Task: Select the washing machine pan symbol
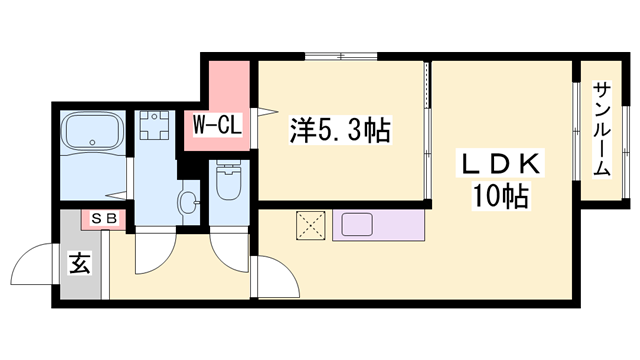coord(154,127)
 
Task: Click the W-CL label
coord(214,127)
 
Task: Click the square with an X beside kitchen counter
coord(310,226)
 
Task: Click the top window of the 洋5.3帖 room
coord(337,57)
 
